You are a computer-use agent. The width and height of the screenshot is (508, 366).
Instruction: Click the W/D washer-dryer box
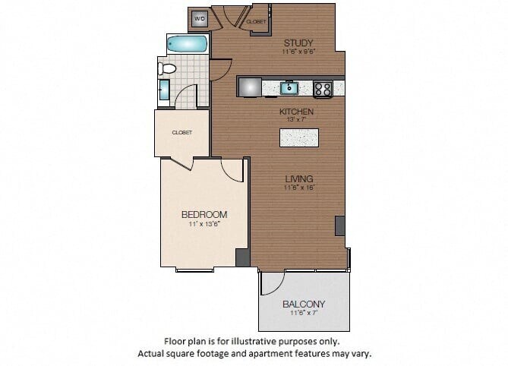click(200, 18)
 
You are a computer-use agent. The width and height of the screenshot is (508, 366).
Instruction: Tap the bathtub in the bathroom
click(187, 44)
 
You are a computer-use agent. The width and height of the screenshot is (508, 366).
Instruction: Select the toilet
click(167, 69)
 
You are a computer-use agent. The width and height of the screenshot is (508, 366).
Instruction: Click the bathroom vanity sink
click(165, 90)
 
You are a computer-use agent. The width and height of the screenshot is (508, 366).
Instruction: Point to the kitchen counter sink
click(289, 88)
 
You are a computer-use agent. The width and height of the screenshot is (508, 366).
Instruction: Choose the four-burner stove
click(323, 88)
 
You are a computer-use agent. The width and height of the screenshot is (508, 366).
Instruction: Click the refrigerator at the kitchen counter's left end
click(250, 87)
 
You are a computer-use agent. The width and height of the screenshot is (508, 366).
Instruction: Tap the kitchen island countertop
click(298, 137)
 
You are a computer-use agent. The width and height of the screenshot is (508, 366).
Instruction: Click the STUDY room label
click(298, 43)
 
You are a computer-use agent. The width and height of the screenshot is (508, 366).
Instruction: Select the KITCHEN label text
click(295, 112)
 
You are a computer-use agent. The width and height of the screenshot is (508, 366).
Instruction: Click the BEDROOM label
click(204, 214)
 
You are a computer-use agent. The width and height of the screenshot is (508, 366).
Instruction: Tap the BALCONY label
click(304, 304)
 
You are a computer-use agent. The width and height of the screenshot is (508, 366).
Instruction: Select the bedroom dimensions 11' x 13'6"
click(204, 225)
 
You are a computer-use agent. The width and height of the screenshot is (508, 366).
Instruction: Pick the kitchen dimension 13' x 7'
click(295, 121)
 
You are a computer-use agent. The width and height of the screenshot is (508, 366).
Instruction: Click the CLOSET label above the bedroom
click(181, 132)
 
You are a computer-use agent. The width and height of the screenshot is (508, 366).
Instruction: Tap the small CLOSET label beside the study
click(256, 22)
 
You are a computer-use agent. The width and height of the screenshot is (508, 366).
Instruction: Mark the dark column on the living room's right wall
click(339, 226)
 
